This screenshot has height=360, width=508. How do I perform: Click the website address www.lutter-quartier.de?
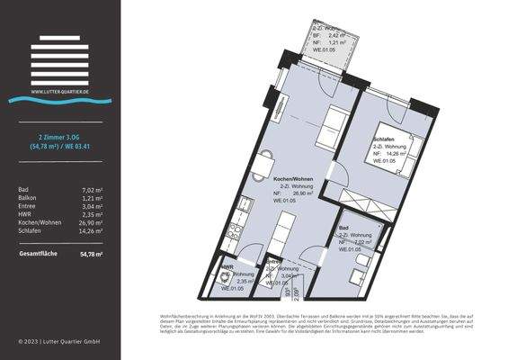(x=58, y=91)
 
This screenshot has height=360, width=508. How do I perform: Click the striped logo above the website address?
(x=58, y=61)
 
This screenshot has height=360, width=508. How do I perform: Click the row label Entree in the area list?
(x=27, y=206)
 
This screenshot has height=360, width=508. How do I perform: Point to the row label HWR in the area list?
(x=25, y=214)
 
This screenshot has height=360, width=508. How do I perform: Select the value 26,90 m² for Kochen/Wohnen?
(x=91, y=222)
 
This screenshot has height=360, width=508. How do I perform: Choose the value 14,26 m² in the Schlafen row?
(x=91, y=230)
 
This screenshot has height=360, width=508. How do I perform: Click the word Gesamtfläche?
(x=38, y=255)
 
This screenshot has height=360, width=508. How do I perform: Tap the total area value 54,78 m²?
(x=91, y=255)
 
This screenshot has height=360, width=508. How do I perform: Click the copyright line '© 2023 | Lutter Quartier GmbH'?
(x=58, y=342)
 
